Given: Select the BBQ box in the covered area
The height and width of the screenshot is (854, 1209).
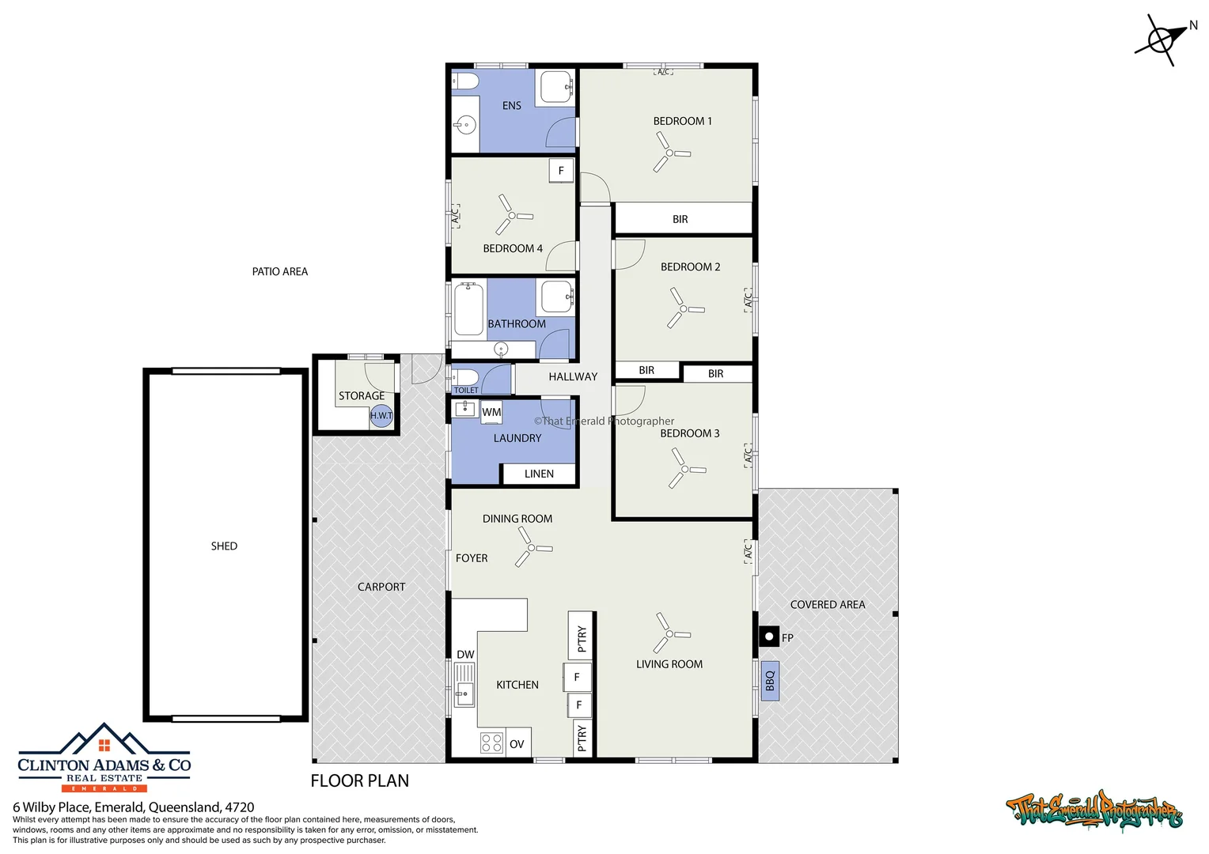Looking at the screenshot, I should coord(770,681).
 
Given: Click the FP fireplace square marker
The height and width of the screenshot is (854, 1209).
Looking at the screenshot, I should coord(768,636).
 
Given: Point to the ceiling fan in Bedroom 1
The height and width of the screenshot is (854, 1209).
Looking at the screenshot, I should coord(669,153).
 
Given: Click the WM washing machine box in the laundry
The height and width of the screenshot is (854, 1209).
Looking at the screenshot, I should coord(491,412).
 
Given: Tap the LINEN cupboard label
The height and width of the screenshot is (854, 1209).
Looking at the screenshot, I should coord(539,474).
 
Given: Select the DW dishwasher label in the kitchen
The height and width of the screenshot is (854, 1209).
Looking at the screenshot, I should coord(465,655).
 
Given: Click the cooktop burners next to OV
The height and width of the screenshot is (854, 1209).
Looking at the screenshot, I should coord(491,743).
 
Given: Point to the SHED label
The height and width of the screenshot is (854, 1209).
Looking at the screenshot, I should coord(224,546).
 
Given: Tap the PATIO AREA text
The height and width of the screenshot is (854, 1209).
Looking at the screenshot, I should coord(280,272).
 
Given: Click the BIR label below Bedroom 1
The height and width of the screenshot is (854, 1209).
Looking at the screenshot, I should coord(680,219).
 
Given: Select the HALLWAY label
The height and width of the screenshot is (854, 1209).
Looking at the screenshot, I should coord(573,377).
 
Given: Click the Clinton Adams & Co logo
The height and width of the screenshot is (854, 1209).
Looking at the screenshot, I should coord(104,757).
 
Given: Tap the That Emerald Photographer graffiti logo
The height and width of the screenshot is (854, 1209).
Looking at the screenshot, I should coord(1094,811).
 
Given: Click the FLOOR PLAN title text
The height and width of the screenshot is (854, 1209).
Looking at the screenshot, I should coord(360,781).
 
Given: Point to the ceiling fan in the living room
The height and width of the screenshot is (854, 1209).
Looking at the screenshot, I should coord(669,634).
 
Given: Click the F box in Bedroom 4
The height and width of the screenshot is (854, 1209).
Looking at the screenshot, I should coord(561,170).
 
